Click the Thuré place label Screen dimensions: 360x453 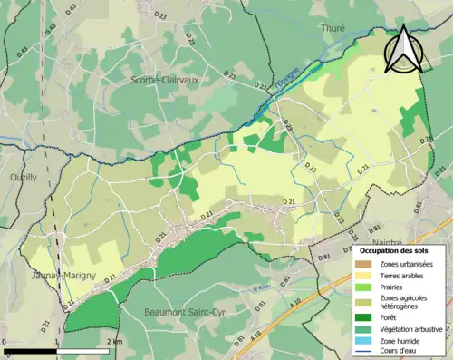[333, 29]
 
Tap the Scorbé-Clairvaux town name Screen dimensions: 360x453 [164, 79]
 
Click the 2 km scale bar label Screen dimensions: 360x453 [113, 342]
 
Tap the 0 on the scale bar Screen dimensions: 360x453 [5, 342]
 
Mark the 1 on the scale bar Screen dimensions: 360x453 [58, 342]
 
